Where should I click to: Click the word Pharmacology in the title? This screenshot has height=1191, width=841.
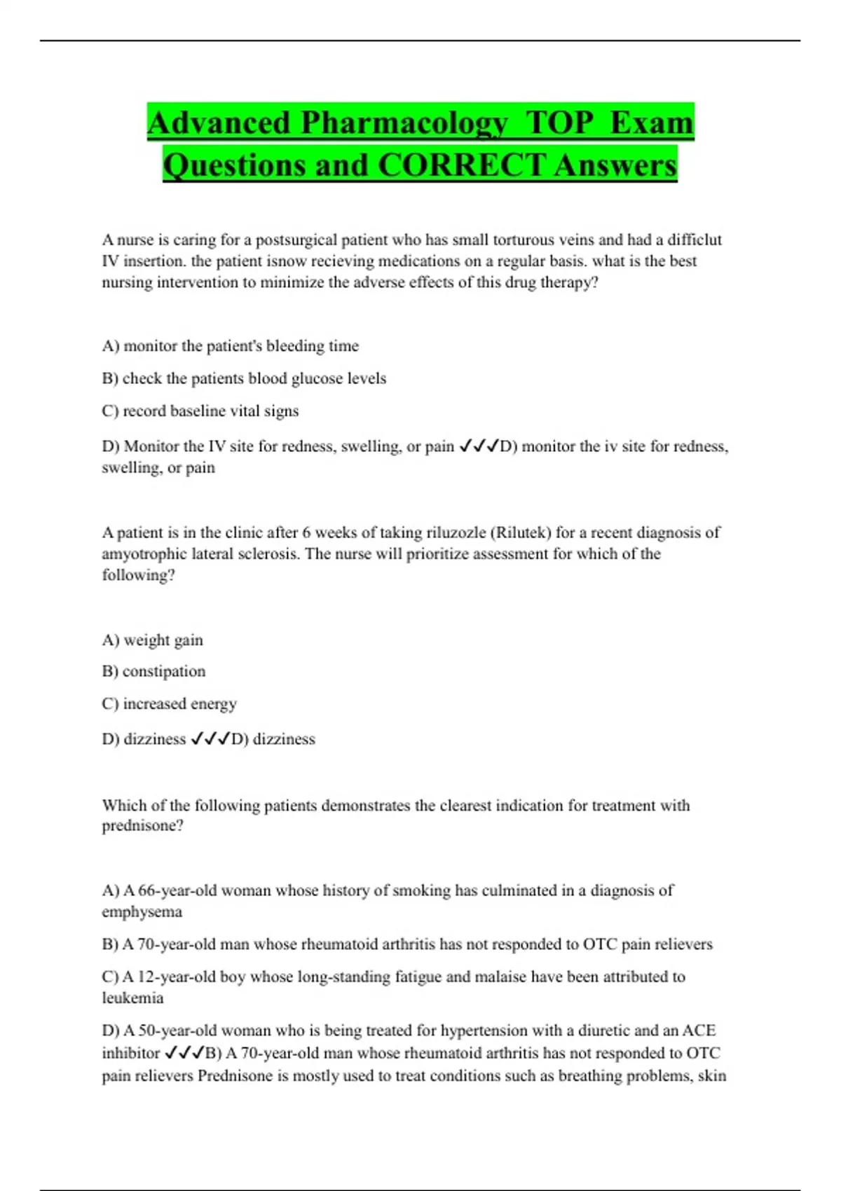pos(404,123)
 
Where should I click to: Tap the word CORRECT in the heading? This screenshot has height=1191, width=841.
pos(462,165)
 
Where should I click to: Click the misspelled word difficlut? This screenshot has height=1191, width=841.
pos(694,240)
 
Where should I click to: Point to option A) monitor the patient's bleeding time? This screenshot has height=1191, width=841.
pos(230,346)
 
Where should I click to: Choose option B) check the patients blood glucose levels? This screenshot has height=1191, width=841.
pos(244,378)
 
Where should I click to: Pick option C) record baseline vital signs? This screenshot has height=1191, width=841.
pos(200,411)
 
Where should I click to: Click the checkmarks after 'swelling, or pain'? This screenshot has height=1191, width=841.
pos(478,446)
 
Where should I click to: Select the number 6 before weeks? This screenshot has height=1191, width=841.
pos(306,532)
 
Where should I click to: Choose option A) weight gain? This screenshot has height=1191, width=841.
pos(152,640)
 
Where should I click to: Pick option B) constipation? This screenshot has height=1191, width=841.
pos(153,671)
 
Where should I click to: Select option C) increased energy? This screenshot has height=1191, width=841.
pos(169,703)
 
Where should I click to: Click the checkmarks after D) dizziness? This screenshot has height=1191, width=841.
pos(210,738)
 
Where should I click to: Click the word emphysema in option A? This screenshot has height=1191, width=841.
pos(142,912)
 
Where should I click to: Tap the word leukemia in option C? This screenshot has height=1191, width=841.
pos(132,998)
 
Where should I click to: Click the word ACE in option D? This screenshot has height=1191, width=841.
pos(699,1031)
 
